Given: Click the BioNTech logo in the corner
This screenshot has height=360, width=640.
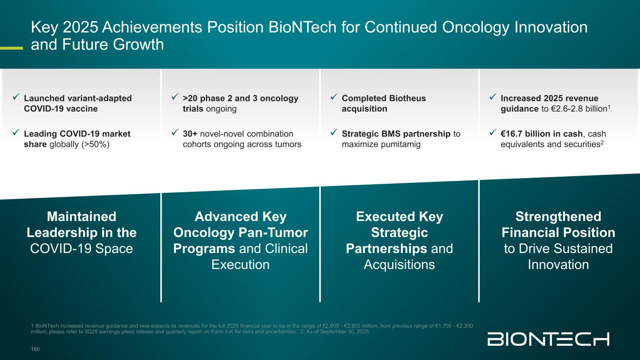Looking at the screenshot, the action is coord(548,339).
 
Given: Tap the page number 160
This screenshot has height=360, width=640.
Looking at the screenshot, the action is coord(35,349).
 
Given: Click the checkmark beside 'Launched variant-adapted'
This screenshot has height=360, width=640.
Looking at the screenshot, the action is coord(16,97).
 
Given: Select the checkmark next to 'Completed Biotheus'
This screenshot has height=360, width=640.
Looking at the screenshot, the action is coord(334,97).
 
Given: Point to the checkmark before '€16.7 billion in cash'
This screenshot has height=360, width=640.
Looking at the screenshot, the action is coord(493,132).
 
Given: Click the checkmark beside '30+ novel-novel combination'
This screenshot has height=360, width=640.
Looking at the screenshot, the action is coord(175,132).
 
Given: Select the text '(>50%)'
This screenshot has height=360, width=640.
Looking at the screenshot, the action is coord(96,144).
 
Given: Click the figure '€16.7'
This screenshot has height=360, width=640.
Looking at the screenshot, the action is coord(512,134).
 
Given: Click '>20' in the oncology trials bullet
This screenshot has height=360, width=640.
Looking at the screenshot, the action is coord(190,98).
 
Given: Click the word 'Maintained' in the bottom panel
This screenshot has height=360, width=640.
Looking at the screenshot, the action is coord(82,217).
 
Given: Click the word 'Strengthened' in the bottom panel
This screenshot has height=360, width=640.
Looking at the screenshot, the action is coord(558,217).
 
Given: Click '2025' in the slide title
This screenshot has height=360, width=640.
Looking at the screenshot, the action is coord(80,27).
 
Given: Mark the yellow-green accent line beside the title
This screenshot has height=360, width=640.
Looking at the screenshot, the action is coord(11,48).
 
